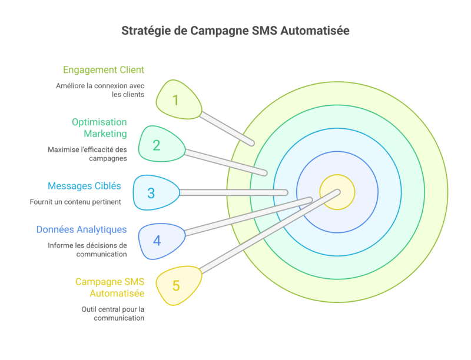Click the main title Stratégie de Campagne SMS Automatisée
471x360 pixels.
pos(235,31)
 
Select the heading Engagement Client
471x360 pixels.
pos(104,69)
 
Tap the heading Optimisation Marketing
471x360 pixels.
pos(99,128)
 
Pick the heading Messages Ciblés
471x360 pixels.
pos(84,186)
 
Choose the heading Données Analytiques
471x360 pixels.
pos(81,229)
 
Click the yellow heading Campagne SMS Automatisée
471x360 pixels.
pos(110,287)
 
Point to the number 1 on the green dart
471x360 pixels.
pos(175,100)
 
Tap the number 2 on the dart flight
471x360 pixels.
pos(157,145)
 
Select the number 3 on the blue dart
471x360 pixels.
pos(151,193)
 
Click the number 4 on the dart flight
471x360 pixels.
pos(157,240)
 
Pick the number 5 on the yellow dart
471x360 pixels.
pos(176,286)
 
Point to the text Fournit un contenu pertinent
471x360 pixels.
pos(75,202)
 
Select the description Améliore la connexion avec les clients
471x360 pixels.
pos(100,90)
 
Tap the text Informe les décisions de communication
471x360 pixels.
pos(87,249)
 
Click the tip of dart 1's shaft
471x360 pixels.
pos(252,143)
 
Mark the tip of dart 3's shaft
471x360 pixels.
pos(286,192)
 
